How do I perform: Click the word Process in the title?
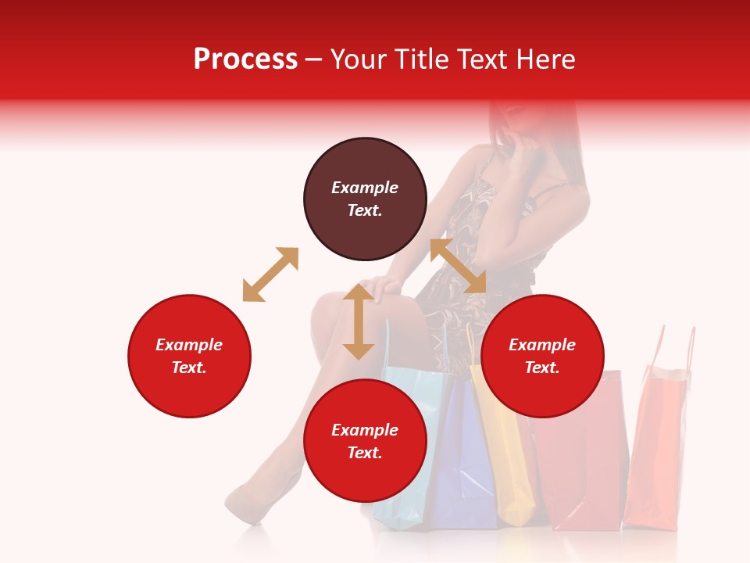pos(245,59)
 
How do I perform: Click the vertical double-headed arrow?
pos(359,321)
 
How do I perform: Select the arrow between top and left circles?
pos(270,274)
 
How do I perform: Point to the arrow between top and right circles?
pos(458,266)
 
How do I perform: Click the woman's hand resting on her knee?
pos(384,289)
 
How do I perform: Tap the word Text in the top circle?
pos(365,210)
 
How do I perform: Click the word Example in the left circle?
pos(189,345)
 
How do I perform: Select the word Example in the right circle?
pos(542,345)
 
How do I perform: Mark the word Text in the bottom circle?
pos(365,453)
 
